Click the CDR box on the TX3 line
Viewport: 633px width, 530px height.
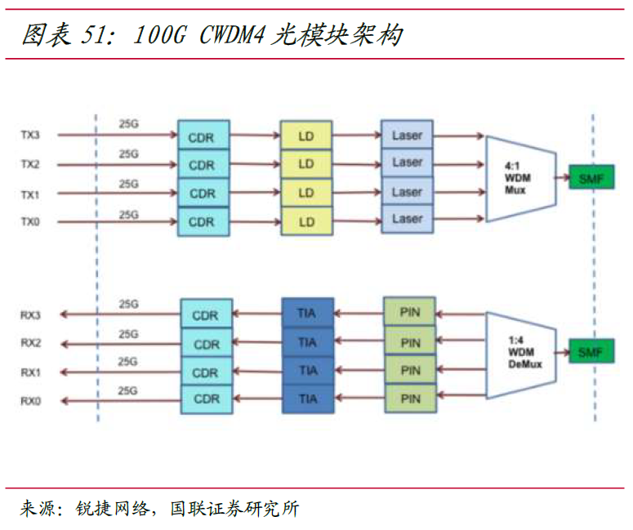[x=203, y=136]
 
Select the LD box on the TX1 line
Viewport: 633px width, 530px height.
[x=306, y=193]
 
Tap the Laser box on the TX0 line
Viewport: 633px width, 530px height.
[x=407, y=220]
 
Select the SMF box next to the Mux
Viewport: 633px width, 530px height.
[x=591, y=176]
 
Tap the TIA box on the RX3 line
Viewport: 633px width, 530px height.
[x=307, y=314]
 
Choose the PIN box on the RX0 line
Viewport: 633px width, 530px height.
[x=410, y=399]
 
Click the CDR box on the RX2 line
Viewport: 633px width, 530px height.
[x=206, y=343]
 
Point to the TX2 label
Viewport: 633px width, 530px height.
[x=30, y=164]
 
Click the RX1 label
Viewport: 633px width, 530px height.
[x=30, y=372]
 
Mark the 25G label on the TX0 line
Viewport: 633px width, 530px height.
[x=128, y=214]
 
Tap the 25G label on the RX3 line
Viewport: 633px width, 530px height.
[x=128, y=304]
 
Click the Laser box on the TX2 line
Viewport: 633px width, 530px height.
[x=407, y=163]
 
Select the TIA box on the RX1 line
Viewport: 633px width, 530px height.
[x=307, y=371]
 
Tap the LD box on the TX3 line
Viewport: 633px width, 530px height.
[x=306, y=136]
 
